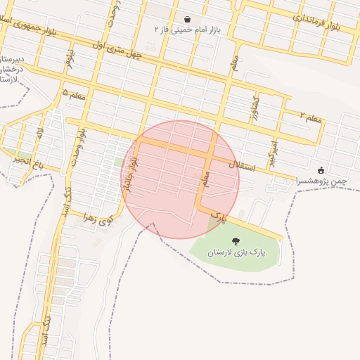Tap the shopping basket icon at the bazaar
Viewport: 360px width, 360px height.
(187, 19)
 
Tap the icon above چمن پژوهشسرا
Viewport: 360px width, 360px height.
(321, 170)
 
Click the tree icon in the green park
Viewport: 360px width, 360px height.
(235, 241)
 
